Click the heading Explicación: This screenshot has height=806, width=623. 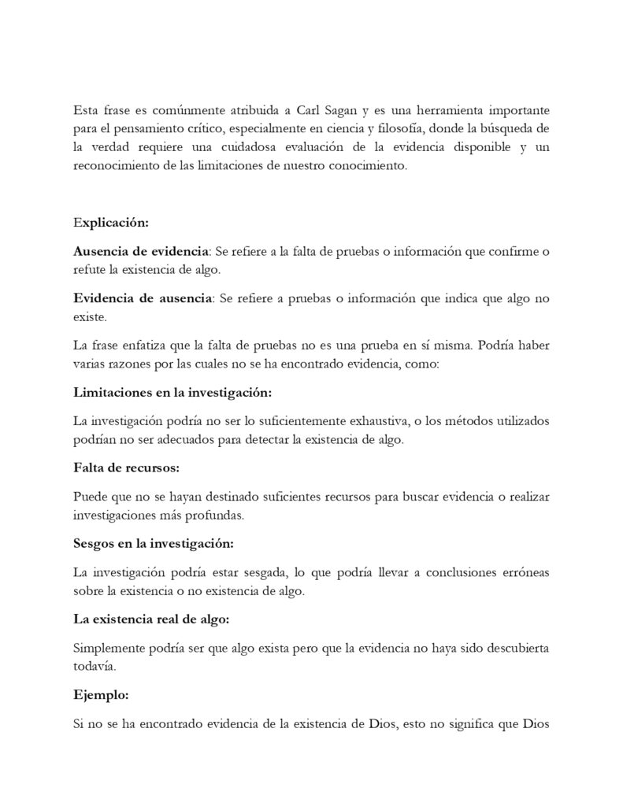coord(110,223)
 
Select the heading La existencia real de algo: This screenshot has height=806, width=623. coord(150,620)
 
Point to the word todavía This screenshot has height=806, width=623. coord(94,668)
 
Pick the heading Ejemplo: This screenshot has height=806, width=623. coord(102,697)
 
